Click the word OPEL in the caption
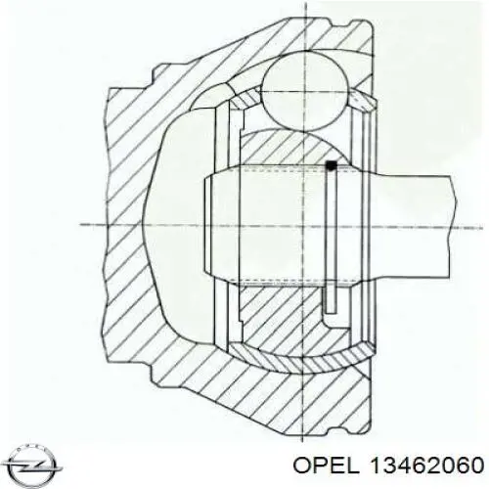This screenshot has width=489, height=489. [x=326, y=466]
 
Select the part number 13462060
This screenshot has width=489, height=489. [x=426, y=466]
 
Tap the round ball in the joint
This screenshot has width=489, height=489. [x=304, y=92]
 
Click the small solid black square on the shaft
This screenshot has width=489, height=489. [x=332, y=165]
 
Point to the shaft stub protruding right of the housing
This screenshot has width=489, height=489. [x=414, y=225]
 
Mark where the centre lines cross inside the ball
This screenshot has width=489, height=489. [x=305, y=92]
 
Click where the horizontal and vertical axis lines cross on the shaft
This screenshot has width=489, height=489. [x=304, y=225]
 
